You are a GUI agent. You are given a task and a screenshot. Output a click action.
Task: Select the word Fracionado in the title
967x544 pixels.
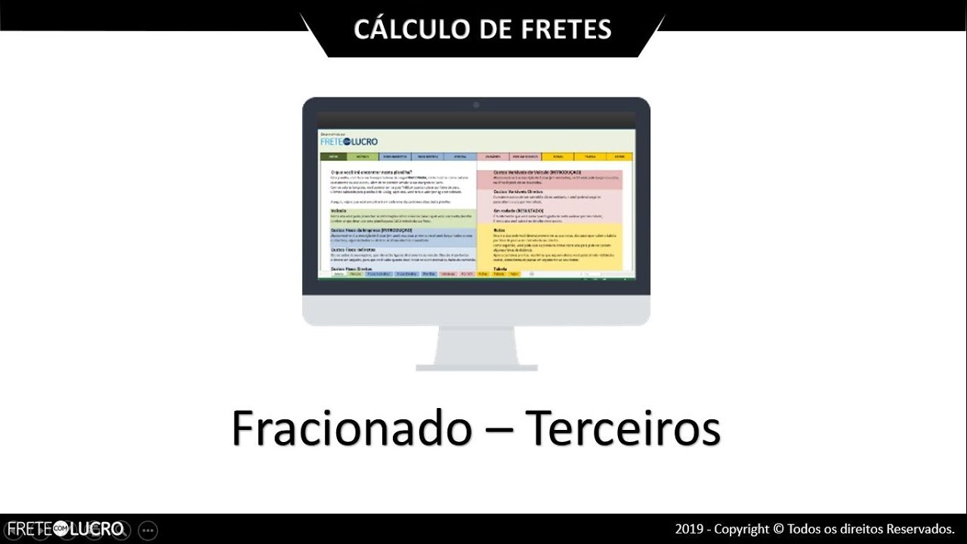pos(352,428)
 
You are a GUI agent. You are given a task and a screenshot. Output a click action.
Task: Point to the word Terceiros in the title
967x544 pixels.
pos(623,428)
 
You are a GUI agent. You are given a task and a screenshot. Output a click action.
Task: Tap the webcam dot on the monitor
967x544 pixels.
pos(476,104)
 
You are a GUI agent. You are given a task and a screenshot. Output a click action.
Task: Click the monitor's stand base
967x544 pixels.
pos(476,367)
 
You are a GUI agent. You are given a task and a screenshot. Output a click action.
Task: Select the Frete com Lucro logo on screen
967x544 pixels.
pos(349,141)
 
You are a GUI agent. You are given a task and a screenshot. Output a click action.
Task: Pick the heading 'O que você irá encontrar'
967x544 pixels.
pos(370,173)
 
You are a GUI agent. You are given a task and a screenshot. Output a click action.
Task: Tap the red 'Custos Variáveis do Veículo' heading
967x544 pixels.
pos(537,172)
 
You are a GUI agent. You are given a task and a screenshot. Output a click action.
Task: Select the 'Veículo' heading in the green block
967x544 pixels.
pos(338,211)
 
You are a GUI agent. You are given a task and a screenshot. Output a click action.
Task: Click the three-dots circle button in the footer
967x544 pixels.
pos(148,530)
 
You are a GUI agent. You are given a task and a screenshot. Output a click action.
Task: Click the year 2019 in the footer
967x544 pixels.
pos(688,529)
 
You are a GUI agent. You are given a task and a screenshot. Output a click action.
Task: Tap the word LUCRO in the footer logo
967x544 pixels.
pos(97,529)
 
